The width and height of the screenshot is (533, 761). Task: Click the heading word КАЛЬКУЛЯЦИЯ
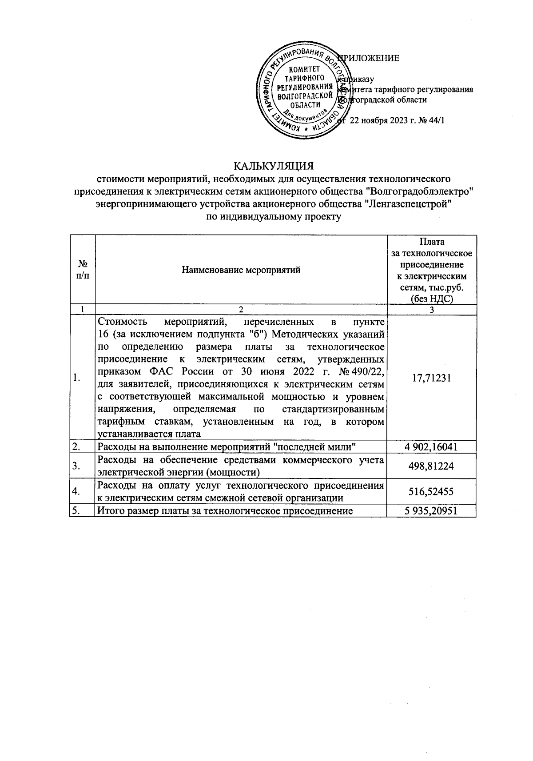tap(274, 166)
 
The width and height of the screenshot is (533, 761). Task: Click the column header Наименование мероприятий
tap(241, 270)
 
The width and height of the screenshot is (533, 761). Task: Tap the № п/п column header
tap(82, 270)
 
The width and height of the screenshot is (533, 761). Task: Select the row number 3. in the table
tap(76, 466)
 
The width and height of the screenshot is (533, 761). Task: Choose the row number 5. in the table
tap(76, 511)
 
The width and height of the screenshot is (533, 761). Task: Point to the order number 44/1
tap(435, 120)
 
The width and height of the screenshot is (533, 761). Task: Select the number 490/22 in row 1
tap(366, 371)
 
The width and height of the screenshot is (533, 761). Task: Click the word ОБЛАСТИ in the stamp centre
tap(305, 105)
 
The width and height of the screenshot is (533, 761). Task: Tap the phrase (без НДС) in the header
tap(431, 299)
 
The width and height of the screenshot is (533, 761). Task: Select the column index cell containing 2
tap(241, 310)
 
